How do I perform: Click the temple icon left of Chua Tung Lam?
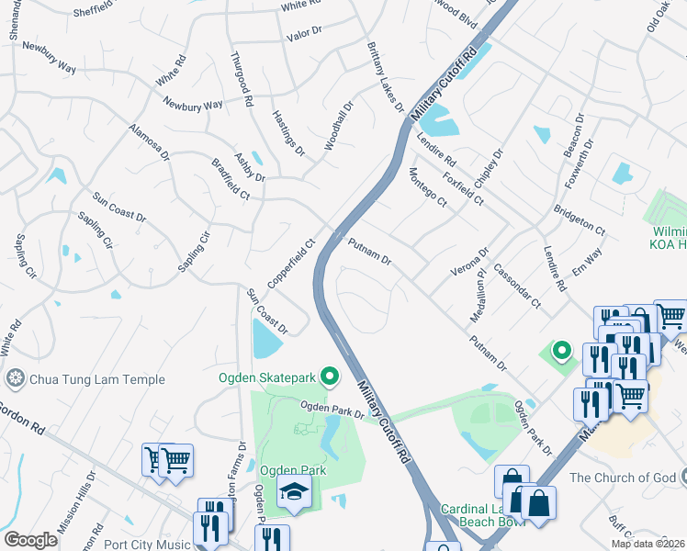pyautogui.click(x=14, y=378)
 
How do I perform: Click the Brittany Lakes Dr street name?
pyautogui.click(x=385, y=77)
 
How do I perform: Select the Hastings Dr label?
pyautogui.click(x=287, y=133)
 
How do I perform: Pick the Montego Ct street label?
pyautogui.click(x=427, y=188)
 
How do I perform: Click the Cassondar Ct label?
pyautogui.click(x=516, y=286)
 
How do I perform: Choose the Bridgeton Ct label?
pyautogui.click(x=580, y=218)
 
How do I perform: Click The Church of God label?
pyautogui.click(x=622, y=478)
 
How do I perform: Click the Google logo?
pyautogui.click(x=30, y=540)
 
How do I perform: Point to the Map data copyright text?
pyautogui.click(x=648, y=544)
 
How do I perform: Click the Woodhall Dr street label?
pyautogui.click(x=338, y=127)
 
